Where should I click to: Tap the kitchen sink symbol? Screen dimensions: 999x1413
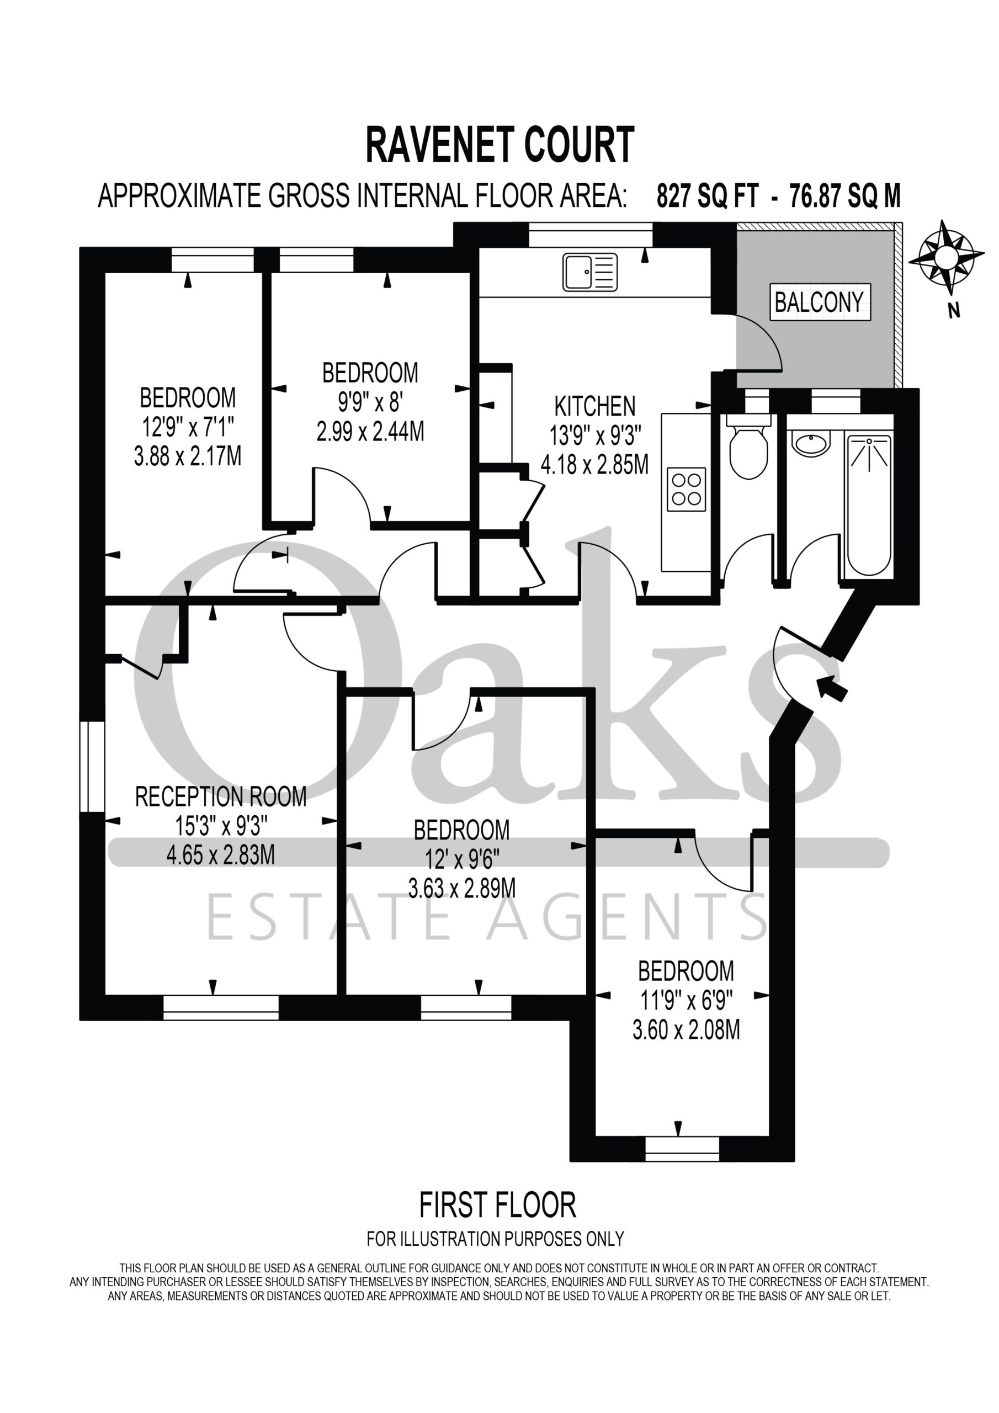tap(589, 272)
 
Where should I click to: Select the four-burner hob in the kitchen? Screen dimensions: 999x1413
tap(686, 488)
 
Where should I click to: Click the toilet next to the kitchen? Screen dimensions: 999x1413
tap(748, 446)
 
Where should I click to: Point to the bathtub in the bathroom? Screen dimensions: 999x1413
tap(869, 504)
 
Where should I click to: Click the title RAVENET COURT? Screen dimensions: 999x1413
tap(500, 145)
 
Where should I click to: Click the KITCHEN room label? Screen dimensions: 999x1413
tap(594, 407)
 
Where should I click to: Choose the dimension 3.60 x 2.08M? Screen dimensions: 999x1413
tap(686, 1029)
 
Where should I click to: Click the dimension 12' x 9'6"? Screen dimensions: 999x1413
tap(461, 860)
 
